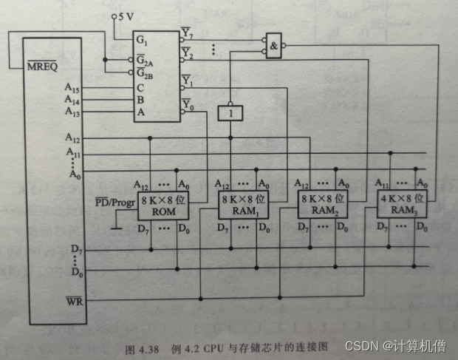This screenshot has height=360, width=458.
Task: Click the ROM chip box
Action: (x=162, y=206)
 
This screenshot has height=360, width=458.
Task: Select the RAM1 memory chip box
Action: (x=242, y=206)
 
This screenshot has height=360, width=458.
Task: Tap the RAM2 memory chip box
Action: (x=321, y=205)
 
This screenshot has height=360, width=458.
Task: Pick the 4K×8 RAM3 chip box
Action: (x=400, y=204)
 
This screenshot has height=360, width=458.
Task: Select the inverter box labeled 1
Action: (x=230, y=113)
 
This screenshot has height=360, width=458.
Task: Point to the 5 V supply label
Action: (x=122, y=16)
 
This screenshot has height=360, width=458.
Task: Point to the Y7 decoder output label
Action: (x=188, y=33)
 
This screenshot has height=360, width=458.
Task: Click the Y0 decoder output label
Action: (x=188, y=106)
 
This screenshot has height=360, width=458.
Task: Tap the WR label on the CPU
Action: (x=73, y=301)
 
